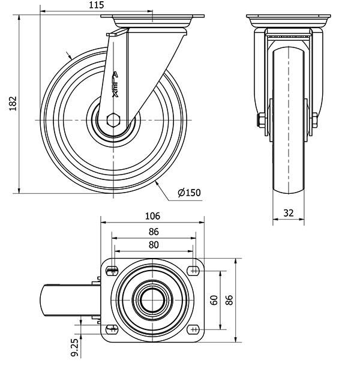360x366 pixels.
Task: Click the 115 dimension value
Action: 96,5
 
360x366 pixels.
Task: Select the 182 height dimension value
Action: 13,104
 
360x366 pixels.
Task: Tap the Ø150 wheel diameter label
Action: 189,193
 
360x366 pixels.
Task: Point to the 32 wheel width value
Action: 289,213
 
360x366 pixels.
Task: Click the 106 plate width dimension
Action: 152,216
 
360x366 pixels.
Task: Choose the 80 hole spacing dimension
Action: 154,245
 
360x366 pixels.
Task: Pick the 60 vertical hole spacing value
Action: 214,300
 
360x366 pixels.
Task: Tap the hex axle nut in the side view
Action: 113,120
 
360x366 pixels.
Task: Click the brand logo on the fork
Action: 115,84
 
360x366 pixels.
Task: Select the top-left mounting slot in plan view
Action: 112,271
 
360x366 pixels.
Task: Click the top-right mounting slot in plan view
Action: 193,271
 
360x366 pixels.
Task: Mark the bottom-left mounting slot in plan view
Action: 112,329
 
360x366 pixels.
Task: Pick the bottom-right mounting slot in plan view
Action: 193,329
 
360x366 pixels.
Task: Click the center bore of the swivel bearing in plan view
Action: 152,300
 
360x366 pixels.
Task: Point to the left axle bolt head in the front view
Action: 261,120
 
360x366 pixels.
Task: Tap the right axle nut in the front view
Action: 314,120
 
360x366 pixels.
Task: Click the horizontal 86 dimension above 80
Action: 154,232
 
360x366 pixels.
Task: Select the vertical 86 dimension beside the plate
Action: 229,300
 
